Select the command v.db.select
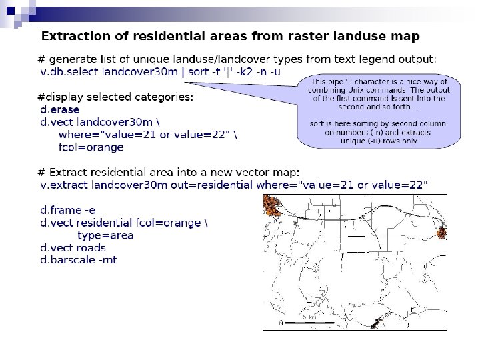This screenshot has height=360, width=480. [x=71, y=72]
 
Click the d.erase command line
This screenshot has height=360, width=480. [x=60, y=109]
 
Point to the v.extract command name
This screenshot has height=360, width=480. [x=65, y=183]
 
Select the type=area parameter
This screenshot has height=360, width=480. [x=105, y=235]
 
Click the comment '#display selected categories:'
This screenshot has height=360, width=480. [x=115, y=97]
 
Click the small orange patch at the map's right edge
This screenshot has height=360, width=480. [x=441, y=233]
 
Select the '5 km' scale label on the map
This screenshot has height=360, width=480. [x=309, y=317]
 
